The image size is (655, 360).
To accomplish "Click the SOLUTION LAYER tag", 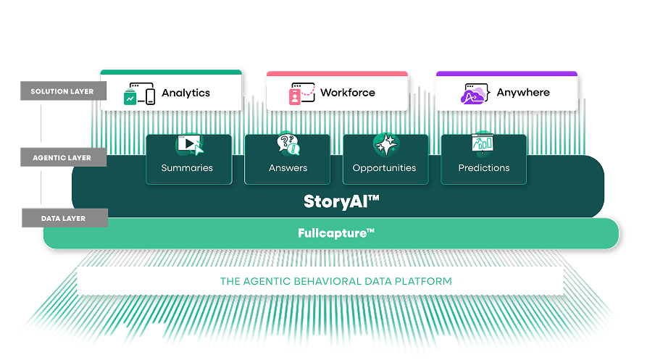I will [x=63, y=92].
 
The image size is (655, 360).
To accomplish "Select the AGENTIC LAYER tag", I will [x=63, y=157].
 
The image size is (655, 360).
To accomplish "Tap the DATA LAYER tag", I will [x=64, y=218].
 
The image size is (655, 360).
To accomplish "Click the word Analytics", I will [x=185, y=93].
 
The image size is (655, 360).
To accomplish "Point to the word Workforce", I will [x=348, y=93].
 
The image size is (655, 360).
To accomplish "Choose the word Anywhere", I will [x=523, y=93].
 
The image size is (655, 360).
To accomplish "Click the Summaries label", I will [x=187, y=168].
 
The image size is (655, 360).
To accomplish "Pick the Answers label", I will [x=288, y=168].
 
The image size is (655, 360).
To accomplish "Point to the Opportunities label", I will [x=384, y=168].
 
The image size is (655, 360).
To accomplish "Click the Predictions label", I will [x=483, y=168].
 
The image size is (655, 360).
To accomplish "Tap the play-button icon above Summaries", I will [x=189, y=144].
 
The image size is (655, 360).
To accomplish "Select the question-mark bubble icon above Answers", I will [x=288, y=143].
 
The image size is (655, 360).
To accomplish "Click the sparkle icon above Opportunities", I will [x=385, y=144].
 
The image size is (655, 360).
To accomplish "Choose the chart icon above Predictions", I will [x=483, y=143].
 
